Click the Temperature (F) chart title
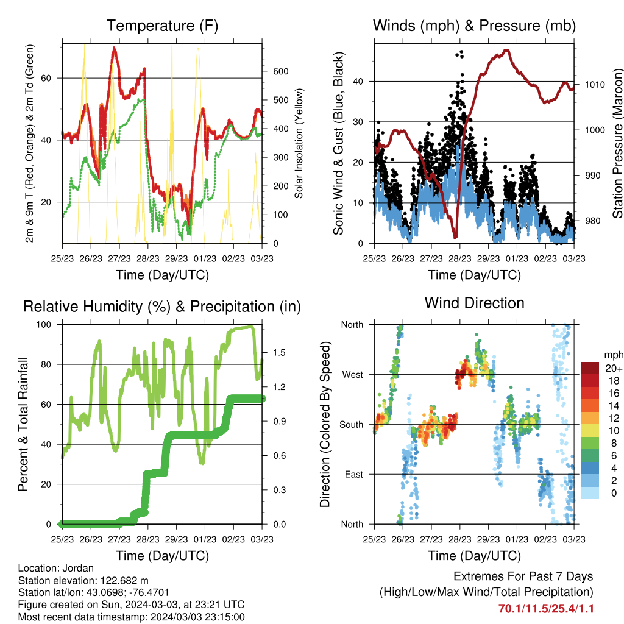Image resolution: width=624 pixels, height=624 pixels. [x=162, y=26]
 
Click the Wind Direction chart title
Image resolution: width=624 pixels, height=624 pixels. [x=474, y=303]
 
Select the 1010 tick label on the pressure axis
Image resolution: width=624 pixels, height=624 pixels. [x=595, y=85]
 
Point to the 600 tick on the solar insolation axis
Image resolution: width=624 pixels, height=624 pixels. [x=280, y=72]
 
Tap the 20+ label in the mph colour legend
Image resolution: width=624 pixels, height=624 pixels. [x=614, y=369]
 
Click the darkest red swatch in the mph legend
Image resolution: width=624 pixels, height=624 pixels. [x=590, y=368]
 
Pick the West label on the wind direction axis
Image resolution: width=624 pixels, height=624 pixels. [x=353, y=375]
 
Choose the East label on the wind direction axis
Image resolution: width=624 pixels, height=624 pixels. [x=354, y=474]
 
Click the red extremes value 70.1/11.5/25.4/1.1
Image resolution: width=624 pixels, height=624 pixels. [x=546, y=609]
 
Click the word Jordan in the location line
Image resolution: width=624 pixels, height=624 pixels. [x=79, y=569]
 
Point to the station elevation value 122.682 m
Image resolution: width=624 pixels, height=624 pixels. [x=124, y=581]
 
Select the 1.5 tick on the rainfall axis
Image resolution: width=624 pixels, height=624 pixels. [x=279, y=353]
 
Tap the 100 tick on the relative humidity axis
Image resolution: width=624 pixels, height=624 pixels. [x=44, y=325]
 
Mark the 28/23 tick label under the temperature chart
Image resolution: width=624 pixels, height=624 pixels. [x=148, y=258]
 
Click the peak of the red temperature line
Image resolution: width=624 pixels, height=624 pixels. [x=114, y=48]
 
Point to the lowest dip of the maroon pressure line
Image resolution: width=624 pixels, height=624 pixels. [x=456, y=237]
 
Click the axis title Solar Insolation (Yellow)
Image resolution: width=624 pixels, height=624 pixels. [x=299, y=143]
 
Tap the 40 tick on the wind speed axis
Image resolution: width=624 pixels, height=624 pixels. [x=358, y=82]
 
